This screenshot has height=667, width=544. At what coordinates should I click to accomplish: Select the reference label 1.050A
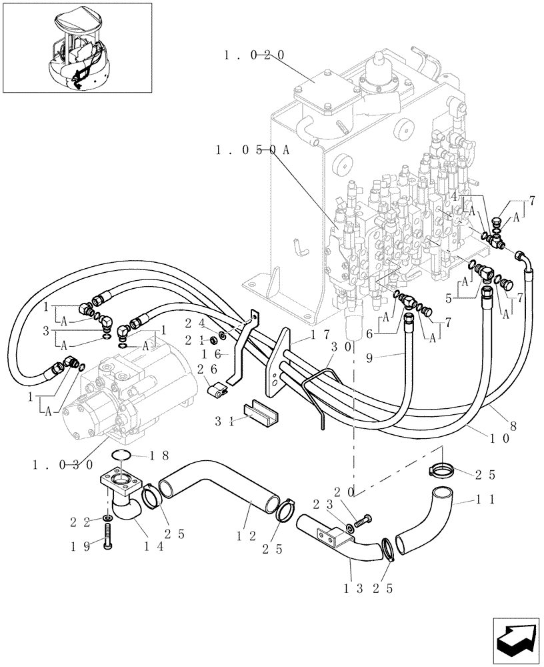[x=253, y=150]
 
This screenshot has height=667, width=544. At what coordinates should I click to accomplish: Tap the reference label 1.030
[x=61, y=464]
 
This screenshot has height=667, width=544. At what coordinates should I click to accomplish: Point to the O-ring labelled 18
[x=122, y=456]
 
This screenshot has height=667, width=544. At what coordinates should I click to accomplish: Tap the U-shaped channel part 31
[x=257, y=412]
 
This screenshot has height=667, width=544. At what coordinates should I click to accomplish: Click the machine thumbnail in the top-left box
[x=77, y=47]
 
